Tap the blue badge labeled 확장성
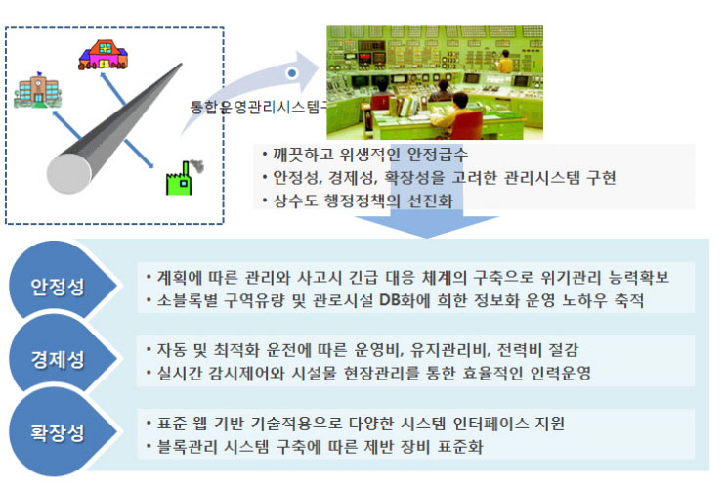(x=58, y=431)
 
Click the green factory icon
(x=182, y=180)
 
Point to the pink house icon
(x=103, y=55)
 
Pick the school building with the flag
(x=37, y=90)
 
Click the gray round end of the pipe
(x=68, y=173)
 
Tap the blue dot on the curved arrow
(x=292, y=73)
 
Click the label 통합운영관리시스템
(x=259, y=108)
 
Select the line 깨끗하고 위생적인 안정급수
(x=370, y=155)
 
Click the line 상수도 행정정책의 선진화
(x=362, y=201)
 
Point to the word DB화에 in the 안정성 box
(x=405, y=301)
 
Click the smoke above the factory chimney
(x=196, y=165)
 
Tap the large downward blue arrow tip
(x=426, y=238)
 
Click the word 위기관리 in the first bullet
(x=570, y=277)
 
